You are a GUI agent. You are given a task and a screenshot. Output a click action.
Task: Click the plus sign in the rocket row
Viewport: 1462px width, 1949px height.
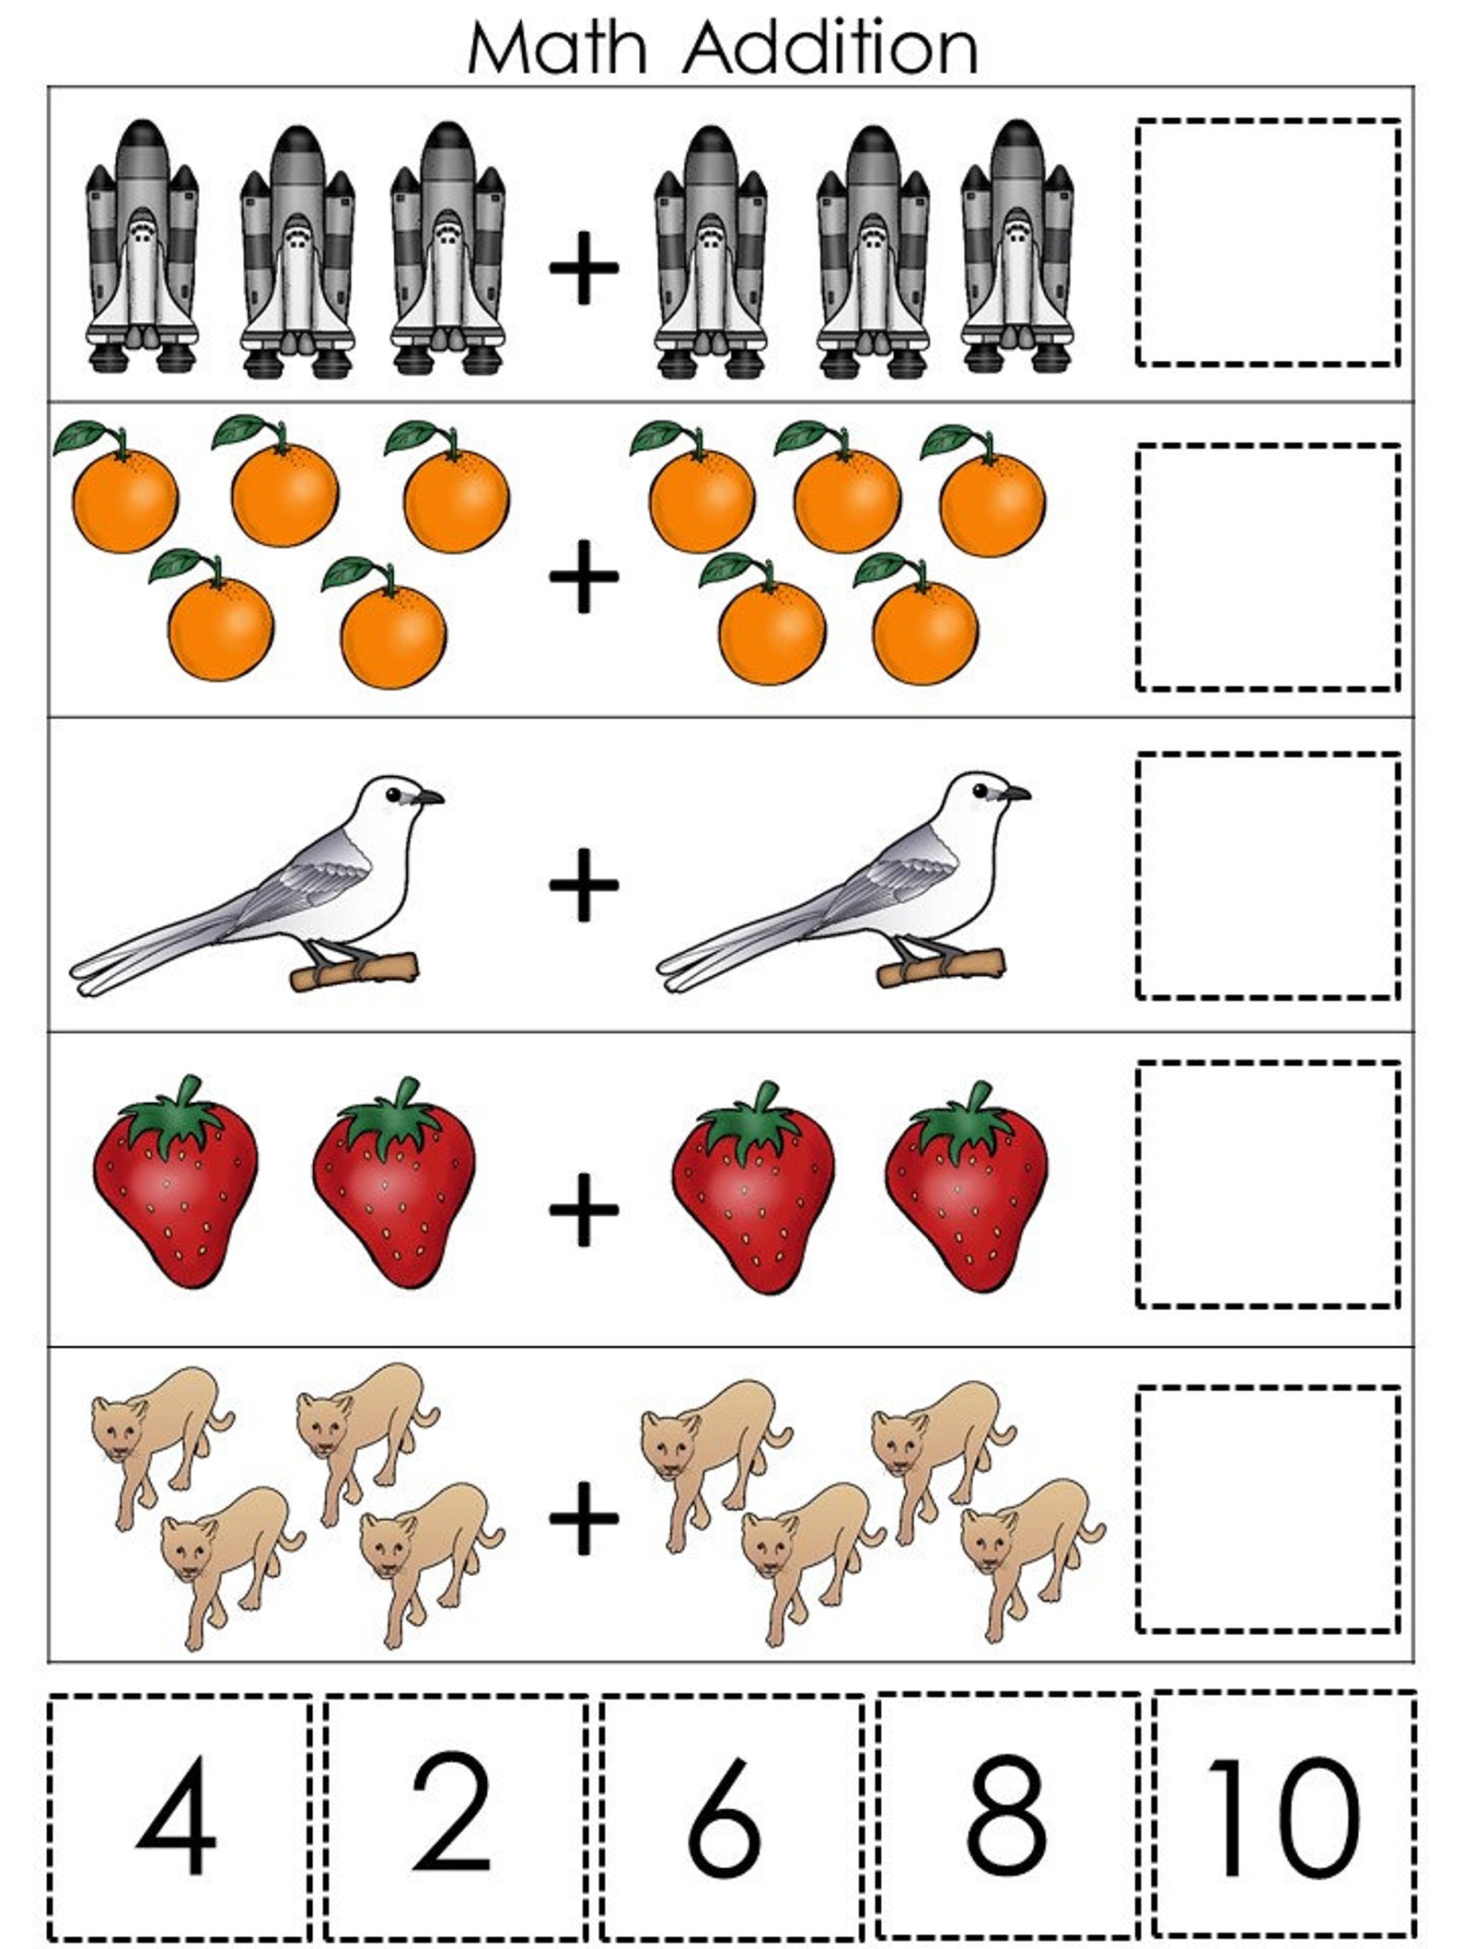pyautogui.click(x=584, y=268)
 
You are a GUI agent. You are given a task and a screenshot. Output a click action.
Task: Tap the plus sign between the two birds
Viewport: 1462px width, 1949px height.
pyautogui.click(x=584, y=885)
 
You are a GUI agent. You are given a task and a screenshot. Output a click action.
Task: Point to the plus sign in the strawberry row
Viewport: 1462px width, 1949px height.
pyautogui.click(x=584, y=1208)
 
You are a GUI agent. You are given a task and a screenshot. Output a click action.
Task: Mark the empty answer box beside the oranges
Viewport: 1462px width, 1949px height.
pyautogui.click(x=1268, y=567)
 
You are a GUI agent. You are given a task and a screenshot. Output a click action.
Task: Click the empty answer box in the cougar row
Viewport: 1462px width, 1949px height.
pyautogui.click(x=1268, y=1509)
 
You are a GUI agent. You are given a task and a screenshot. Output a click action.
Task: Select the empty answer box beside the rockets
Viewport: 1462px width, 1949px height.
pyautogui.click(x=1268, y=242)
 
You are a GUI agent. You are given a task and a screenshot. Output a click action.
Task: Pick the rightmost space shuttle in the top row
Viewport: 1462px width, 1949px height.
pyautogui.click(x=1016, y=249)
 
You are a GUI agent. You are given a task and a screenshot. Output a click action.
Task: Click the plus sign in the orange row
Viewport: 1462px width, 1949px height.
pyautogui.click(x=584, y=576)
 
